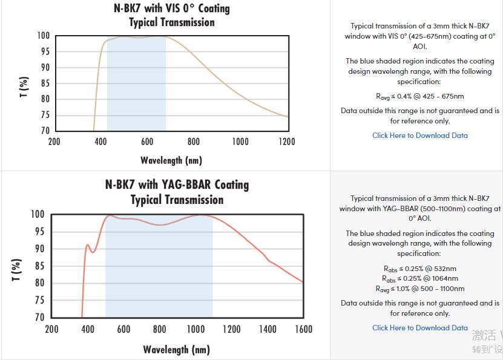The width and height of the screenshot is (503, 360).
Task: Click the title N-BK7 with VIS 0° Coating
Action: (x=172, y=8)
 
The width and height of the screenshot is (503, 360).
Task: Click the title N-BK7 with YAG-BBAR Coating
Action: (x=177, y=185)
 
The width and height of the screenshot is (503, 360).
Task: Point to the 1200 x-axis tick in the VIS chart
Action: (x=286, y=142)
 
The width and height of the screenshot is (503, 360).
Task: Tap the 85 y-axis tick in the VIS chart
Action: (x=45, y=83)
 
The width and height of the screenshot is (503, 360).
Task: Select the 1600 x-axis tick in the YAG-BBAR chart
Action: (x=303, y=329)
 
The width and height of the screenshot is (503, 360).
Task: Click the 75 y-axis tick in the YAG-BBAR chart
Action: (x=38, y=300)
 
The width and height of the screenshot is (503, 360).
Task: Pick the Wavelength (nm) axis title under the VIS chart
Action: (x=171, y=160)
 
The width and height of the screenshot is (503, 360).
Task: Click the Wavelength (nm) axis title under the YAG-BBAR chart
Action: (x=176, y=350)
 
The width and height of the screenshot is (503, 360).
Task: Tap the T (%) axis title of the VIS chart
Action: (x=24, y=87)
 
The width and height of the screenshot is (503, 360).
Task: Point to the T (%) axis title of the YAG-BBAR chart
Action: (x=16, y=270)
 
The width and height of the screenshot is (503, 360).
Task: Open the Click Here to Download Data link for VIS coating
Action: (x=419, y=136)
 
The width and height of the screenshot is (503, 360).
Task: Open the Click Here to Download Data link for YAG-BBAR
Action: (x=419, y=328)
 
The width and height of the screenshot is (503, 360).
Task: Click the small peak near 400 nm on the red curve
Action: (x=88, y=245)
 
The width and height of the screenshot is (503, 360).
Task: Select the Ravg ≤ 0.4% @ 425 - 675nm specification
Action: (x=419, y=96)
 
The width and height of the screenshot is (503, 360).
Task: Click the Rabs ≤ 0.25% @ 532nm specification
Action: (x=419, y=269)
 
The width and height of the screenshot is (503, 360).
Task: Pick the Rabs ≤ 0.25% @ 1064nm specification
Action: (x=419, y=278)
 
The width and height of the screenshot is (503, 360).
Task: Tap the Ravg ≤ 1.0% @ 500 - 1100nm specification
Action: (x=419, y=289)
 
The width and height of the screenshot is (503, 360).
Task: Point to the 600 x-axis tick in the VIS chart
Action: (x=147, y=142)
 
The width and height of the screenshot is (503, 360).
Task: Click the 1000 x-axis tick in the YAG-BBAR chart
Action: (x=196, y=329)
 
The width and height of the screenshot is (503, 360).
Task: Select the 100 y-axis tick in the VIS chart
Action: (x=43, y=36)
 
